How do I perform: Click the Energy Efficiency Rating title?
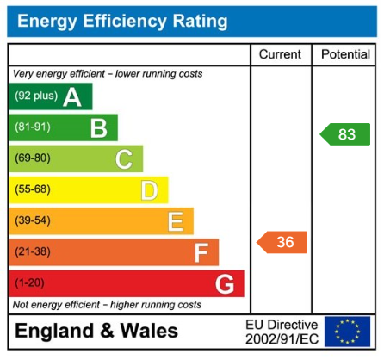(123, 21)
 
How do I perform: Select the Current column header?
(280, 54)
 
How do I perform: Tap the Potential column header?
(345, 54)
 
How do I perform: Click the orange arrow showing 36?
(282, 242)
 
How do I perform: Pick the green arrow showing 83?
(345, 134)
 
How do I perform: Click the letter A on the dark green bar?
(72, 97)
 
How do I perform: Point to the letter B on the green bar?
(98, 128)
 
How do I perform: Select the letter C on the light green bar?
(124, 159)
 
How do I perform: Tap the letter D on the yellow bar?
(149, 190)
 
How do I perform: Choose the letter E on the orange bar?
(175, 221)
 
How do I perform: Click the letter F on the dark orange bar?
(201, 252)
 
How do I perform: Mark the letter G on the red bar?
(225, 283)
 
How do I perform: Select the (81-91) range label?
(32, 128)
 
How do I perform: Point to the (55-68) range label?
(32, 189)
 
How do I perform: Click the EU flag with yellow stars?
(347, 332)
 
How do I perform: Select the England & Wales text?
(96, 332)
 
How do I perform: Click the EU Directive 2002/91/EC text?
(282, 332)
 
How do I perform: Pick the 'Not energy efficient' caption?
(107, 305)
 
